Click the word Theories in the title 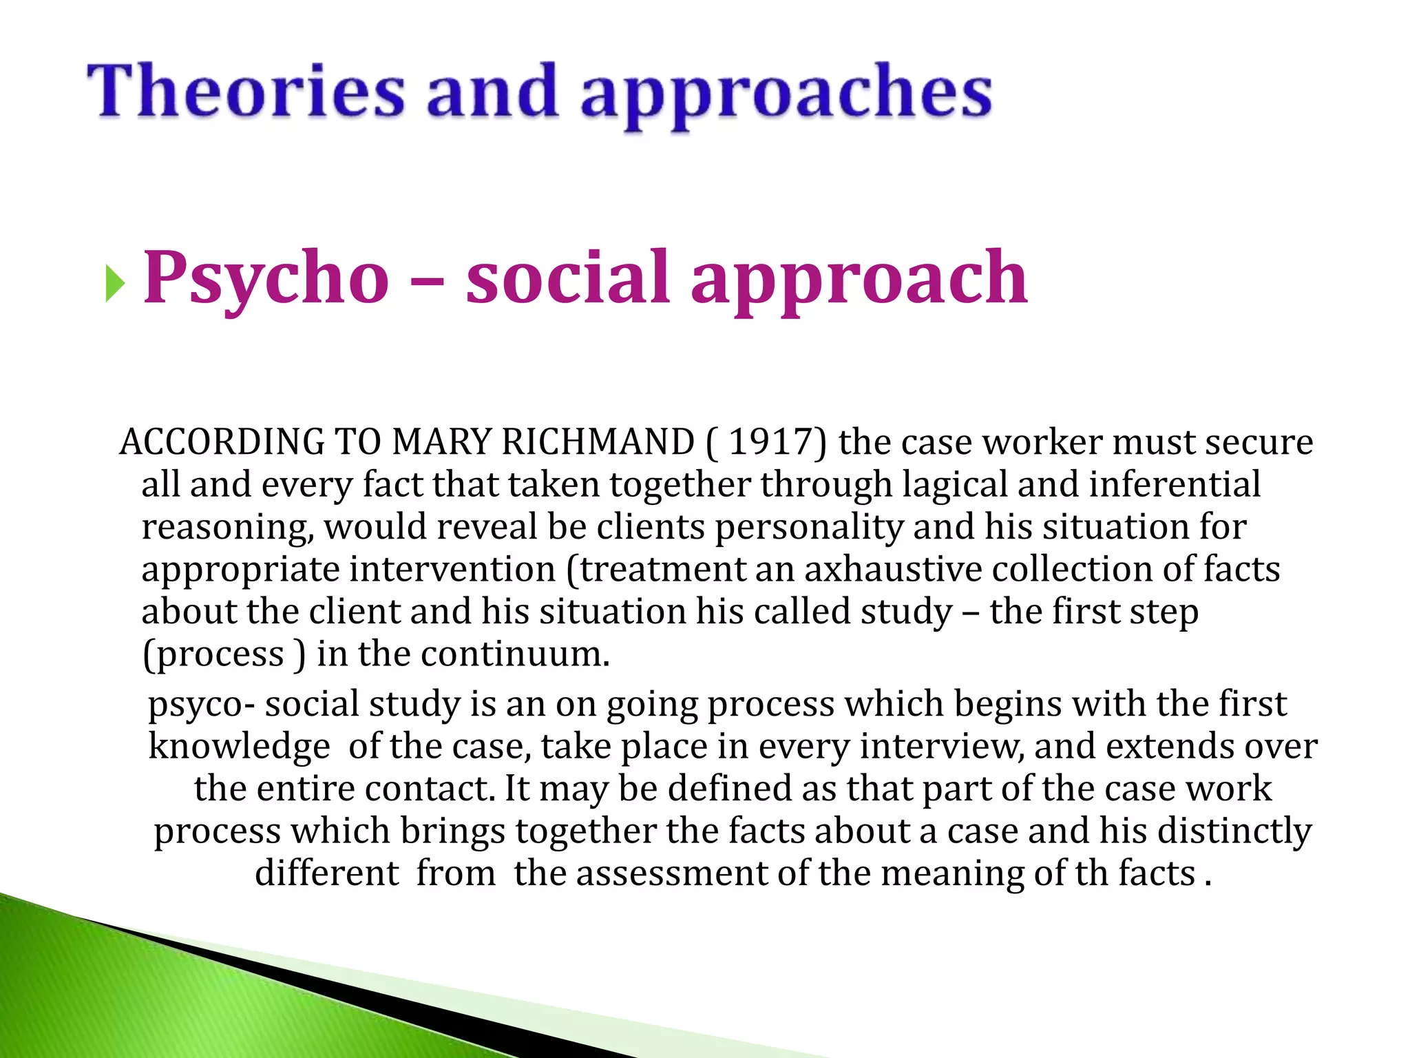[x=246, y=91]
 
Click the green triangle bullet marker [x=115, y=283]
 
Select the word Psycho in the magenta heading [x=266, y=278]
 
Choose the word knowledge [x=239, y=747]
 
